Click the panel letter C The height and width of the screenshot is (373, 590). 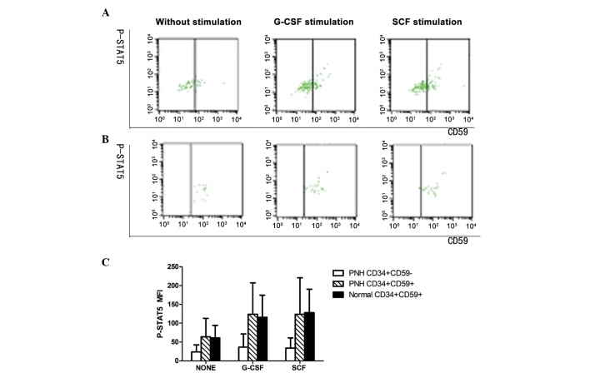[129, 263]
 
